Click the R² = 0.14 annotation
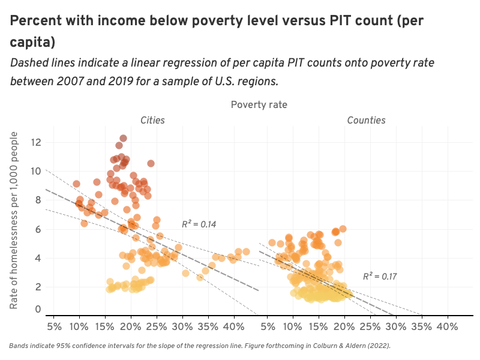tap(199, 224)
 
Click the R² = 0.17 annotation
tap(380, 277)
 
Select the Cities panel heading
tap(152, 121)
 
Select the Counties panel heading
tap(366, 121)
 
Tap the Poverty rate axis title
tap(259, 104)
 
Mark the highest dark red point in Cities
tap(123, 139)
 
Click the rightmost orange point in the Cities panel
tap(246, 251)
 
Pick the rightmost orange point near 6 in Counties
tap(343, 229)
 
